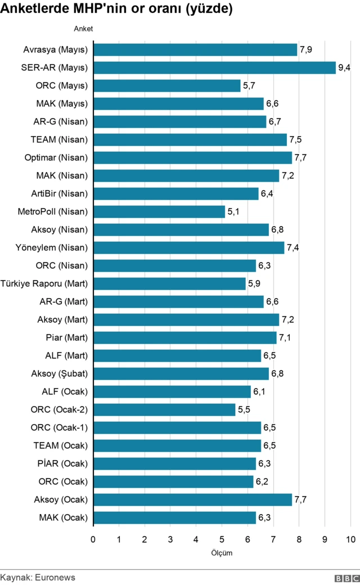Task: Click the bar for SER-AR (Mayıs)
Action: (x=214, y=67)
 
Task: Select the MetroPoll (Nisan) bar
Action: (x=159, y=211)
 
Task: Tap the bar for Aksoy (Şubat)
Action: (x=181, y=373)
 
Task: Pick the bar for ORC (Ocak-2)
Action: (x=164, y=409)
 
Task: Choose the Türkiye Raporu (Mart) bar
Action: (x=169, y=283)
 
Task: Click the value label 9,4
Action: (x=344, y=68)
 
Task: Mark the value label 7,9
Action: (x=306, y=50)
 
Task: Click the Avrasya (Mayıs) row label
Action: (x=56, y=49)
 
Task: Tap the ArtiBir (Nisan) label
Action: (x=60, y=193)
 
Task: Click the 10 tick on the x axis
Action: (x=350, y=539)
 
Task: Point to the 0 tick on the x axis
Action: (x=93, y=539)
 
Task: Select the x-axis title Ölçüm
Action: (x=222, y=553)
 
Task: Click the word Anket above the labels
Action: (x=83, y=28)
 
